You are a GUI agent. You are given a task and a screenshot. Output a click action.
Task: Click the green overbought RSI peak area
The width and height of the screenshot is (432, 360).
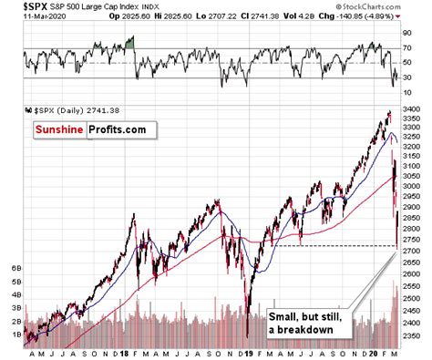click(x=130, y=42)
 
